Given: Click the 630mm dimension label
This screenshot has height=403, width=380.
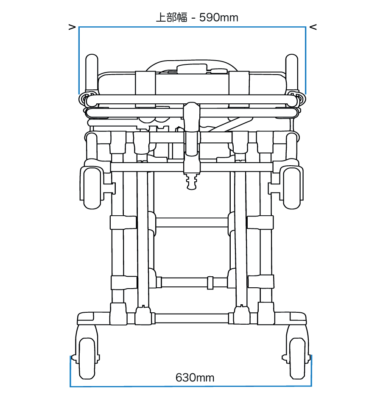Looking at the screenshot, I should click(x=195, y=377).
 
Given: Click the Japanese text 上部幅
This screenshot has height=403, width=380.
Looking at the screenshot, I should click(x=171, y=17).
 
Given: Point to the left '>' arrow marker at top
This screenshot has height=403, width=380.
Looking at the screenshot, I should click(x=72, y=28).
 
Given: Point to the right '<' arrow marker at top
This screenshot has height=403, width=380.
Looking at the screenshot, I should click(x=313, y=28).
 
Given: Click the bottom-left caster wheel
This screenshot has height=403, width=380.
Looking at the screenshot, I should click(x=87, y=358).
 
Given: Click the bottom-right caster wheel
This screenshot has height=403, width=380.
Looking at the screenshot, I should click(x=297, y=358).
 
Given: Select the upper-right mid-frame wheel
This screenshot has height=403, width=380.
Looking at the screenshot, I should click(x=293, y=188).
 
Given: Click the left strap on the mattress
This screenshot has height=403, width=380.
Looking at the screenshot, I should click(x=145, y=83).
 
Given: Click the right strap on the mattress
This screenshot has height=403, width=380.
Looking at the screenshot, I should click(x=238, y=83).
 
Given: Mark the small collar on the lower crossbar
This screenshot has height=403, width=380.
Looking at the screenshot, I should click(x=210, y=282).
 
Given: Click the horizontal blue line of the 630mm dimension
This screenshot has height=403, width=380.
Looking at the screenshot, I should click(x=191, y=386).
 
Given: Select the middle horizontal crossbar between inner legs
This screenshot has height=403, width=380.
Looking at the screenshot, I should click(x=192, y=222).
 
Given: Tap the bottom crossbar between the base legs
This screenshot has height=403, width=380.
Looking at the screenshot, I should click(x=192, y=318).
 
